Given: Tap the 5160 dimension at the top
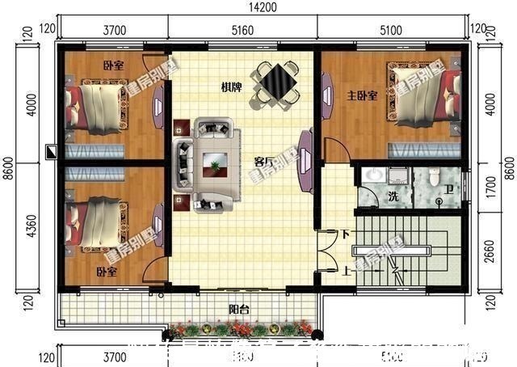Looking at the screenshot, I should (x=242, y=32).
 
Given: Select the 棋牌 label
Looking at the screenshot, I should (x=232, y=86).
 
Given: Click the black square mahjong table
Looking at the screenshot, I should (x=275, y=81).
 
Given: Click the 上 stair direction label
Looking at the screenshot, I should (x=346, y=271).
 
